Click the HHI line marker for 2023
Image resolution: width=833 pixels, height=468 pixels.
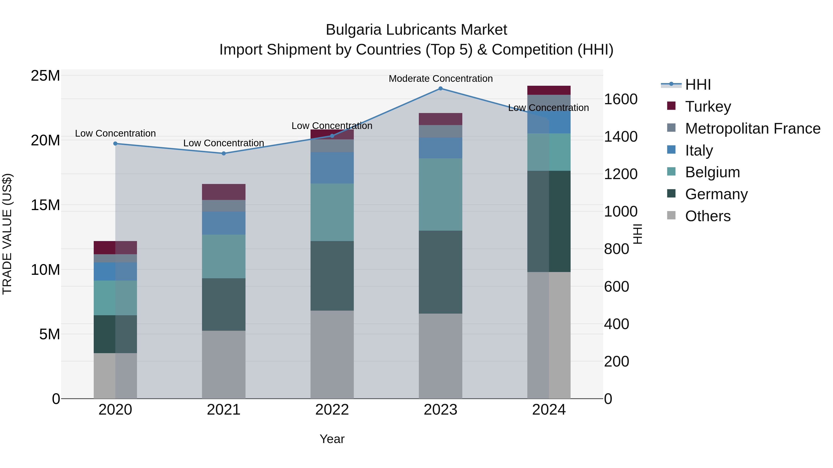(440, 89)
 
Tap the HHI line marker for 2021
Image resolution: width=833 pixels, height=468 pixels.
(224, 153)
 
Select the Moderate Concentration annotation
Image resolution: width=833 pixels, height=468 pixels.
(440, 79)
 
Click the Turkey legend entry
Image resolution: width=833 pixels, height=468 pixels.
(708, 106)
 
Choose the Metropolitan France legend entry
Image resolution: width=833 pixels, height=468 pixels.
(752, 128)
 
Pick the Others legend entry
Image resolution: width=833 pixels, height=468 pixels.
(708, 216)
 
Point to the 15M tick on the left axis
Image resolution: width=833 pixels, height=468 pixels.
(45, 205)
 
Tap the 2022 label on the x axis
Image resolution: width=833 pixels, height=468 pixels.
(332, 410)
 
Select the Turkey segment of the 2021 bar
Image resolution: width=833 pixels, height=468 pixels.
(224, 192)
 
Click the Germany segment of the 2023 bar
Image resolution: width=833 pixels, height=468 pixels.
(440, 272)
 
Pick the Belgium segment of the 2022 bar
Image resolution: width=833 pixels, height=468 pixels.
(332, 212)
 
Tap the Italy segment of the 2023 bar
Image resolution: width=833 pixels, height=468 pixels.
(440, 148)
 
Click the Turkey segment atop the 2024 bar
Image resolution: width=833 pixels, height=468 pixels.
(549, 90)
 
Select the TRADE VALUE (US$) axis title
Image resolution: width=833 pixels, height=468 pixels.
(7, 234)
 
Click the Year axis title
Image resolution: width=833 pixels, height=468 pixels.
(332, 439)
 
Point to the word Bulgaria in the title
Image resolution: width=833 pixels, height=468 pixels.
(354, 30)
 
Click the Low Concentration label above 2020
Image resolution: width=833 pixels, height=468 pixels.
(115, 133)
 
